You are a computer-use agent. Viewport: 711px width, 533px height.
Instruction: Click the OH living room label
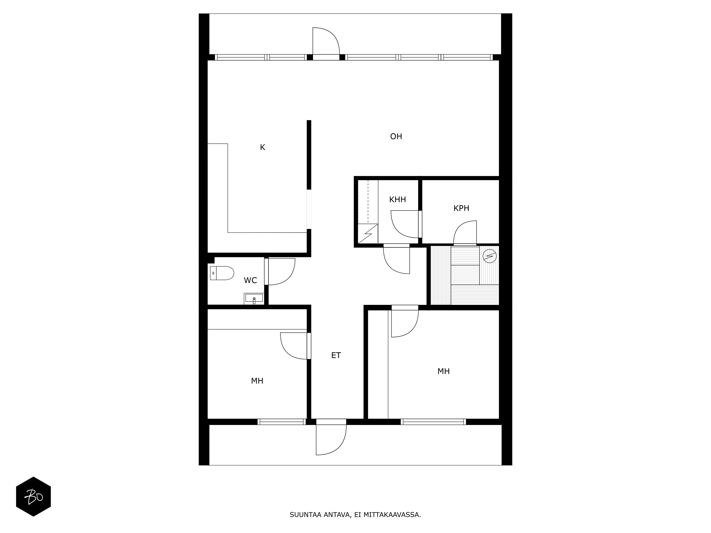point(396,137)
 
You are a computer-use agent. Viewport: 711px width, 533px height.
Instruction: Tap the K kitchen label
point(263,147)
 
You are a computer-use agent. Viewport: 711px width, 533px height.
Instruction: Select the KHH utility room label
point(398,200)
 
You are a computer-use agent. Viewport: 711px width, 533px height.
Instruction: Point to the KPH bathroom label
point(461,208)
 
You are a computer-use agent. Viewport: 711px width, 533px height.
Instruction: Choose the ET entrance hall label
point(336,355)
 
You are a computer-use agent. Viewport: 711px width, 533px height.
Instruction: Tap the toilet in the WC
point(222,273)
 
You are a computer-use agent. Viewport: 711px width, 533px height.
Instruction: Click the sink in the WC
point(254,298)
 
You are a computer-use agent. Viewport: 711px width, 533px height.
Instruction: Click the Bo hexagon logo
point(33,496)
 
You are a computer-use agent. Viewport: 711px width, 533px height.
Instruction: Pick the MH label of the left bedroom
point(257,381)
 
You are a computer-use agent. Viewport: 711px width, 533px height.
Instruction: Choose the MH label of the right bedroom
point(443,371)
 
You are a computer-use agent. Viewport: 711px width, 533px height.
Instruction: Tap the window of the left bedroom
point(282,422)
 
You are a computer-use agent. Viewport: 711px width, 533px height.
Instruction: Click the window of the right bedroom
point(433,422)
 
